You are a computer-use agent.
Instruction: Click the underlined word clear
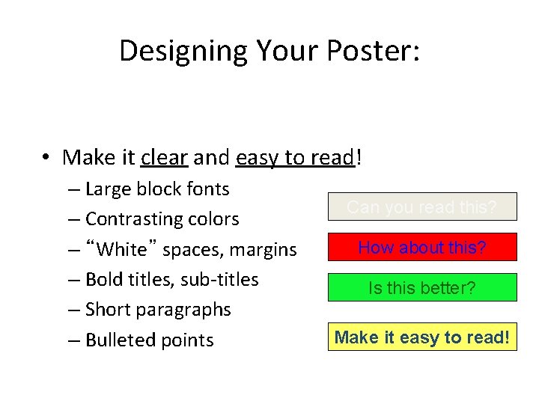click(x=165, y=157)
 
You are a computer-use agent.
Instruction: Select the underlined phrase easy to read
click(x=293, y=157)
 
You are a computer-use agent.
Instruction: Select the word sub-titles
click(x=221, y=279)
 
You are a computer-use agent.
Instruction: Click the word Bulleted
click(x=122, y=340)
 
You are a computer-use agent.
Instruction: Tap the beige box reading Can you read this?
click(x=421, y=206)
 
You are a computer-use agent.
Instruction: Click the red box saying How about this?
click(x=421, y=247)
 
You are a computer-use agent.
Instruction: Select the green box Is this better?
click(x=421, y=287)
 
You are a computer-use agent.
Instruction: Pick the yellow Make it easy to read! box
click(x=421, y=337)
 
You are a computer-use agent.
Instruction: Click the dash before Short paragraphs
click(x=73, y=310)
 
